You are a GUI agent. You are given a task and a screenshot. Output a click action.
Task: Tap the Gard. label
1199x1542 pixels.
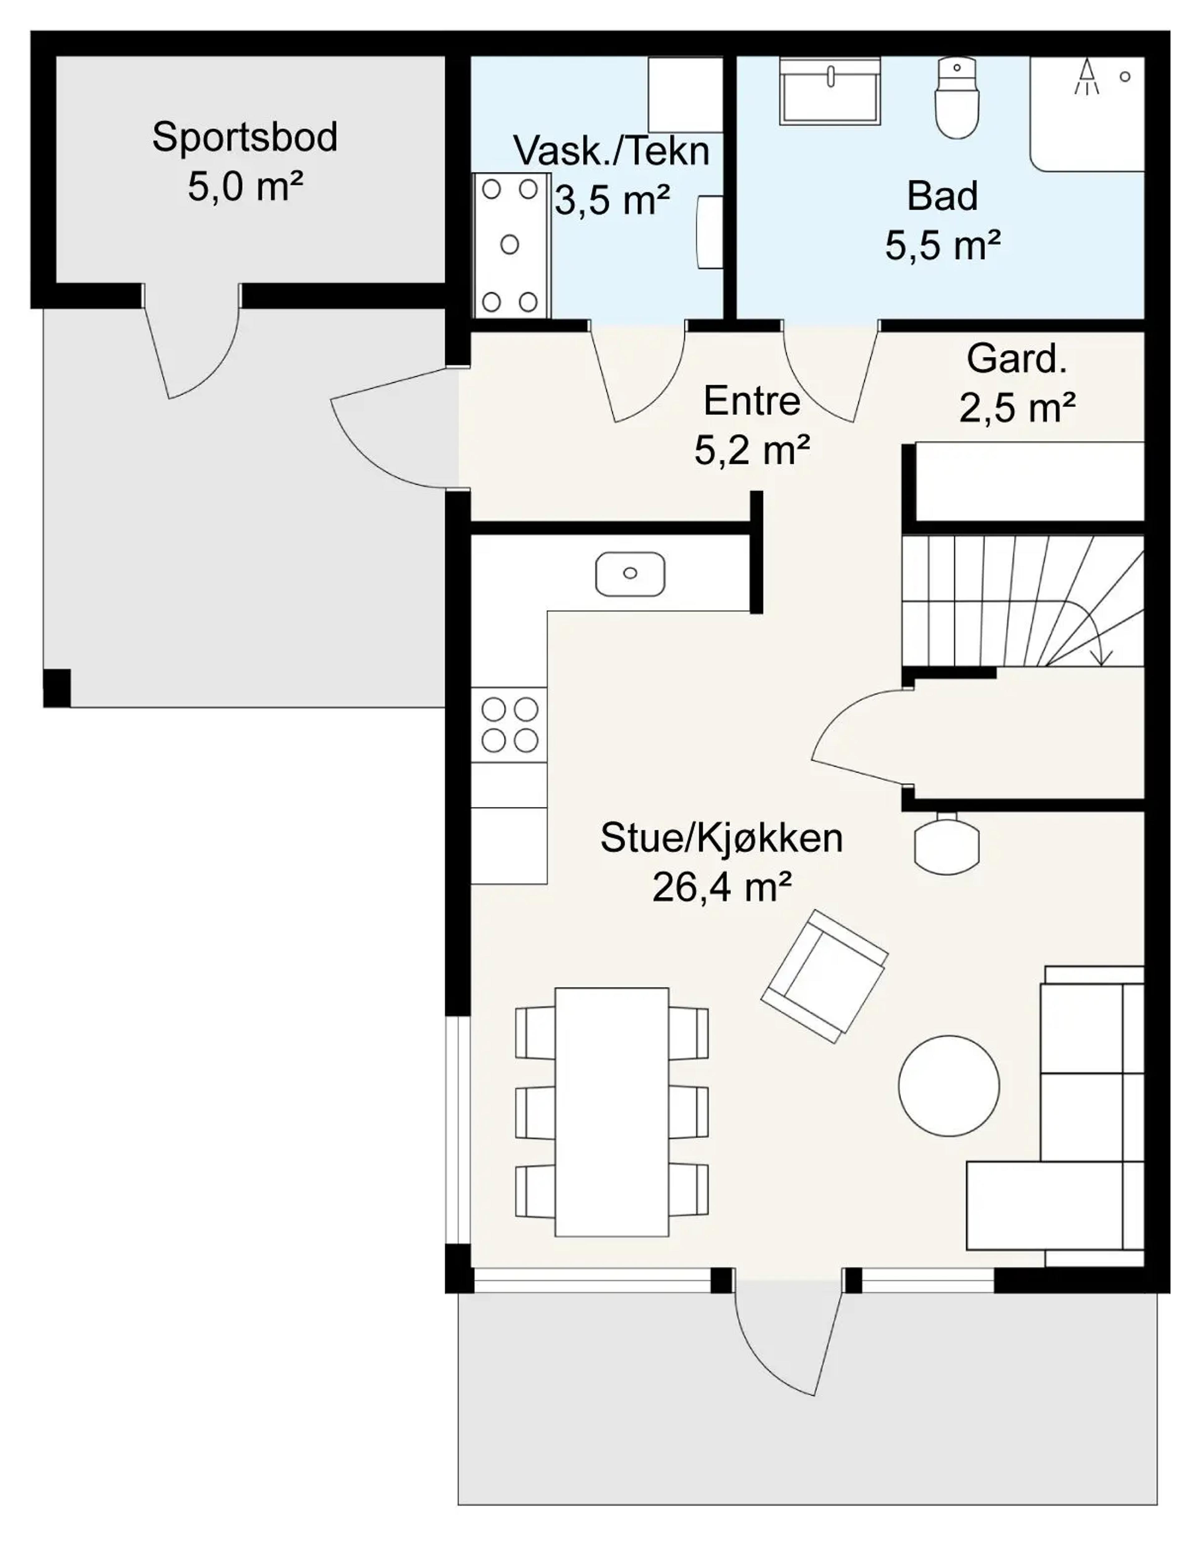(x=1016, y=359)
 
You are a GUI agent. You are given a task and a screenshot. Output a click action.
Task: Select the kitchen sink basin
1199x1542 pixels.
(x=629, y=573)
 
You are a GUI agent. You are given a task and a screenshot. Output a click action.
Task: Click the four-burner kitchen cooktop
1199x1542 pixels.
(x=510, y=724)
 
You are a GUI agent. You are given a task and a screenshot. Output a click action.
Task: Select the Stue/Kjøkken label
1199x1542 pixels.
(x=721, y=838)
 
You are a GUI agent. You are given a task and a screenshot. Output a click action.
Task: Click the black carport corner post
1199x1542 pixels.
(x=57, y=687)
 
